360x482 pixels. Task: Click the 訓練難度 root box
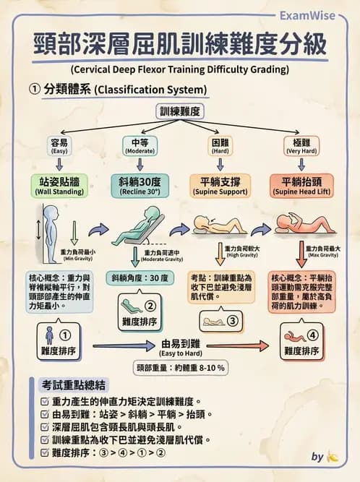coord(179,111)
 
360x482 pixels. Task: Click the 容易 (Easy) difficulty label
coord(59,145)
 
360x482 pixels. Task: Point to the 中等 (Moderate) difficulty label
coord(140,145)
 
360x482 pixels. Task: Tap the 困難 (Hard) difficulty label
coord(220,145)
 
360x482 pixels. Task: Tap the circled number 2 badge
coord(150,306)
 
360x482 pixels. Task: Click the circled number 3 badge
coord(233,321)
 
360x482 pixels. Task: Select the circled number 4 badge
coord(312,335)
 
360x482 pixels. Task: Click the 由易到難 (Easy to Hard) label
coord(180,348)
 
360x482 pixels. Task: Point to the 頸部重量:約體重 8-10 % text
coord(180,367)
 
